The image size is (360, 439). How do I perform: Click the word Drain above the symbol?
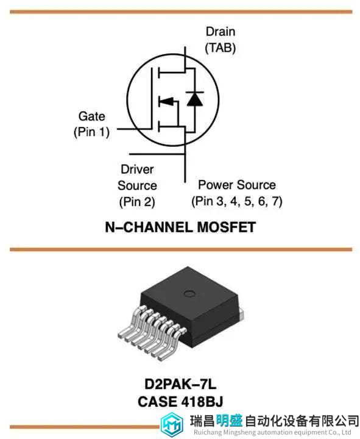tap(221, 32)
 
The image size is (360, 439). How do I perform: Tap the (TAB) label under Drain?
tap(221, 48)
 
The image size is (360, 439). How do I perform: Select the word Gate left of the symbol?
tap(92, 116)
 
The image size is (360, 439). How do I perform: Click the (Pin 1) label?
tap(91, 132)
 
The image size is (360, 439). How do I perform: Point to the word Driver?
tap(137, 170)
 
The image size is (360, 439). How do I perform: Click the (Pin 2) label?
tap(137, 202)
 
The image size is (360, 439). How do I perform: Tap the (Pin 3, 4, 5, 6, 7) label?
tap(237, 201)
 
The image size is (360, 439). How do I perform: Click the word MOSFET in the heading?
tap(226, 227)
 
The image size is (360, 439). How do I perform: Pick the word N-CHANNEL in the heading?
tap(149, 227)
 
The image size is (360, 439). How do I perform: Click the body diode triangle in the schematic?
tap(195, 99)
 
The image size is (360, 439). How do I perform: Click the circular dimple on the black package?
tap(189, 294)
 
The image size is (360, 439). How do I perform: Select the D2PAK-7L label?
tap(180, 384)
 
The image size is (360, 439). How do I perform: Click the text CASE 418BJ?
tap(180, 401)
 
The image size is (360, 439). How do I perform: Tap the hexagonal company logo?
tap(172, 425)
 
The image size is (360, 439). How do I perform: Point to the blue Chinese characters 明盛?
tap(230, 421)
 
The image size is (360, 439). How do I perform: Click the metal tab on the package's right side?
tap(241, 313)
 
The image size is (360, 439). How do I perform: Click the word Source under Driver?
tap(137, 185)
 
